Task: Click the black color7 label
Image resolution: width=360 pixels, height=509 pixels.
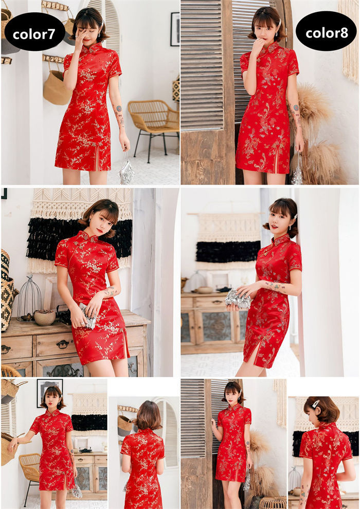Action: point(34,33)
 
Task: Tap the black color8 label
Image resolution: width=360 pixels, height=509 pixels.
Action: point(326,32)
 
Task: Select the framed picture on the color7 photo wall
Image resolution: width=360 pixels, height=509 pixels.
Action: point(175,29)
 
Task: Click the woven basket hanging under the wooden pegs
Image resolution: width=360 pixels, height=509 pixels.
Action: point(57,87)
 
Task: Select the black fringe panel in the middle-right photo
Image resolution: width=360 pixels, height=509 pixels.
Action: point(228,252)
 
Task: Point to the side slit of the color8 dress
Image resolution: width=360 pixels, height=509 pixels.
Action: point(276,161)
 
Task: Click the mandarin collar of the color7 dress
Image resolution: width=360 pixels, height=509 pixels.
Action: point(87,48)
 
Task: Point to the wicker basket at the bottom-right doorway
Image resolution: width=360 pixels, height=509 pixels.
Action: point(273,502)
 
